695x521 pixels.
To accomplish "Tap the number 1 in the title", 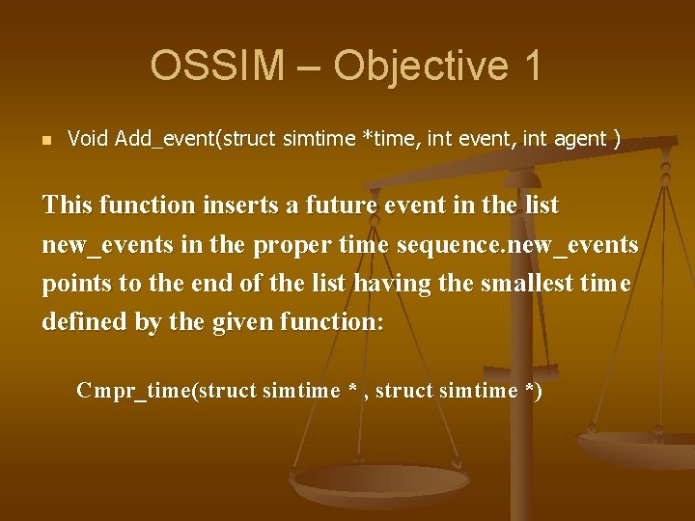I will [530, 66].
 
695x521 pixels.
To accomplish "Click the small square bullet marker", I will [45, 140].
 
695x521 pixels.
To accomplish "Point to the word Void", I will [88, 139].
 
